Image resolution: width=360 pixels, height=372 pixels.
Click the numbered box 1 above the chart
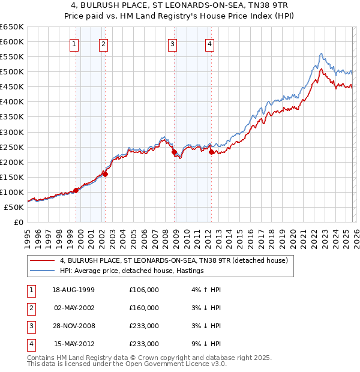(x=74, y=43)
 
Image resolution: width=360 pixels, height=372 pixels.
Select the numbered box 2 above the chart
(x=103, y=43)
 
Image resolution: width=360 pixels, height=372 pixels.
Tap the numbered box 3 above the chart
(x=172, y=43)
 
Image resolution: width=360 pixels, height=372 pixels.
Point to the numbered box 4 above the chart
(x=209, y=43)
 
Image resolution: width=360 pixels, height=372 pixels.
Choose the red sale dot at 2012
(x=211, y=152)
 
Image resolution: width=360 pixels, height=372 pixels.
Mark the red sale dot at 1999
(x=76, y=190)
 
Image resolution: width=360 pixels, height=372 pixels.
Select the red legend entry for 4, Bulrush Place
(x=174, y=260)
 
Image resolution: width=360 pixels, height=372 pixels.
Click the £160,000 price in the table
(x=144, y=308)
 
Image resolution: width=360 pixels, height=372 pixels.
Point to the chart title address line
(x=180, y=5)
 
